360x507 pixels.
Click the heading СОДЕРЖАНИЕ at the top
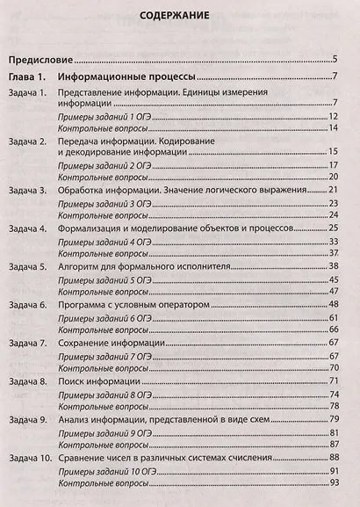(x=180, y=15)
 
